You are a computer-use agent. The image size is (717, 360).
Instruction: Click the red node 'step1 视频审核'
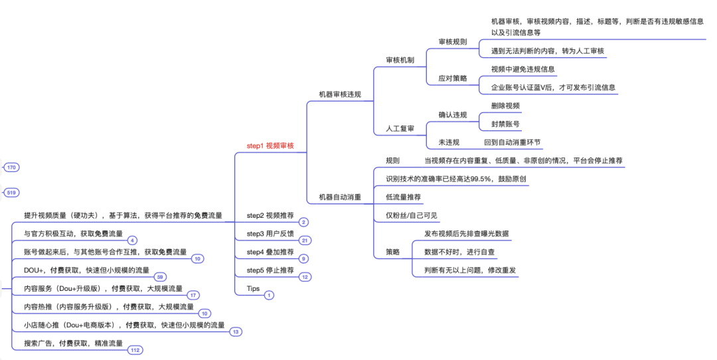pos(270,145)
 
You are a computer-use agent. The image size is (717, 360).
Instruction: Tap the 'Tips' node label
pos(253,288)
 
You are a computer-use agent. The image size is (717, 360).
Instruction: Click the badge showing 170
pos(11,168)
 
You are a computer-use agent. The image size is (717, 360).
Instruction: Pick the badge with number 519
pos(11,193)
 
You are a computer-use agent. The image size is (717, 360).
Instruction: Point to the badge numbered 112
pos(135,350)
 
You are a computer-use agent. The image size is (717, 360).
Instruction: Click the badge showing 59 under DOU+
pos(160,277)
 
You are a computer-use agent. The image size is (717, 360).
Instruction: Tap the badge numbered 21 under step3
pos(305,240)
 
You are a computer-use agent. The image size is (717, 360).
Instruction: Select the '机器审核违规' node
pos(340,94)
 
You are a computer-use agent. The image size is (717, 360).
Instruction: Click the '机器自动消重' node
pos(340,197)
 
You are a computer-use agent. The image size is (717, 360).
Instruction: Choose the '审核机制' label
pos(400,60)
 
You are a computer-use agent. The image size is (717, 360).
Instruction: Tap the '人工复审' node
pos(400,128)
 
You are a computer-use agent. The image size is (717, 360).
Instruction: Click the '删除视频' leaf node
pos(505,106)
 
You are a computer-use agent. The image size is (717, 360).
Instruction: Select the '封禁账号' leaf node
pos(505,124)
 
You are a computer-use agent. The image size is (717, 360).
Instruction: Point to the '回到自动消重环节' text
pos(512,142)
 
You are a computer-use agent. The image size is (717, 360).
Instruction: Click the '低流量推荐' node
pos(404,197)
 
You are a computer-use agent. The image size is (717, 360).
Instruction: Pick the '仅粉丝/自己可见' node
pos(412,215)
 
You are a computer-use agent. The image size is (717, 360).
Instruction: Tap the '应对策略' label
pos(452,78)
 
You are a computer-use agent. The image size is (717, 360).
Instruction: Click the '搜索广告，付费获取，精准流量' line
pos(74,343)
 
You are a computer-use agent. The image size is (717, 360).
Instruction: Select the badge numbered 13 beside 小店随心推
pos(236,331)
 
